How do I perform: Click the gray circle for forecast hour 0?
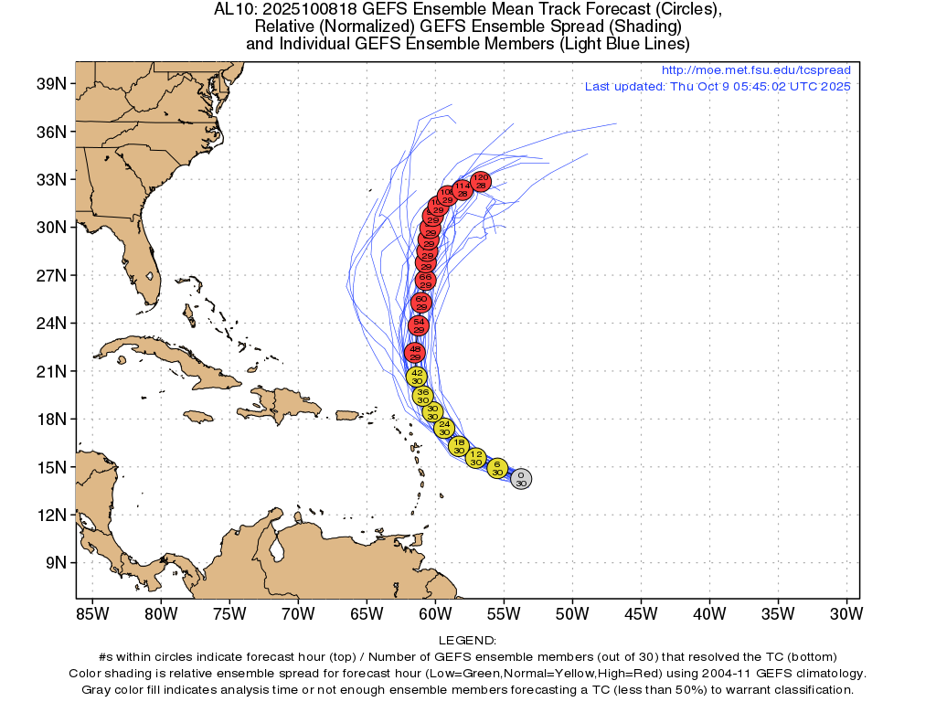(x=520, y=479)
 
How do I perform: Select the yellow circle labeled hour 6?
(x=496, y=469)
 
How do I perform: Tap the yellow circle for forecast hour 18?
(x=459, y=446)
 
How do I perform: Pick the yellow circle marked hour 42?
(x=417, y=377)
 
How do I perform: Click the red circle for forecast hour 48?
(x=415, y=353)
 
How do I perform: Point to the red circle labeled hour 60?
(x=421, y=303)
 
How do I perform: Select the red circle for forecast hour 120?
(x=481, y=181)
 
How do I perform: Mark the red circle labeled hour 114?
(x=462, y=189)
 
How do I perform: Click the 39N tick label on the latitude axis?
(x=50, y=84)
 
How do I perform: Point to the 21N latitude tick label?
(x=50, y=371)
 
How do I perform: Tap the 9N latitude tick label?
(x=54, y=562)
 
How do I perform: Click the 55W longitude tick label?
(x=504, y=612)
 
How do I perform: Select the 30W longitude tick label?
(x=846, y=612)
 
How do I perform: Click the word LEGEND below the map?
(x=467, y=641)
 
